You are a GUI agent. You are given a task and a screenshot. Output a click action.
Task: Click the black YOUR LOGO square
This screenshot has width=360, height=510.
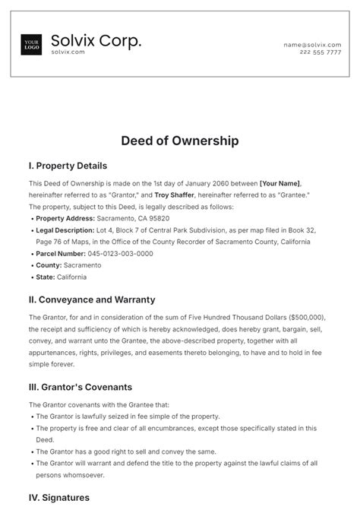click(32, 44)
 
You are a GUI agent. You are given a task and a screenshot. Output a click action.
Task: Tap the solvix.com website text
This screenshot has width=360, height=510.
click(68, 52)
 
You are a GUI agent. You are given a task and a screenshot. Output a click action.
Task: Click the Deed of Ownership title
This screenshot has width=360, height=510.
click(180, 141)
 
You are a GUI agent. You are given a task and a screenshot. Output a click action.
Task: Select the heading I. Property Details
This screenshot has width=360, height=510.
click(68, 166)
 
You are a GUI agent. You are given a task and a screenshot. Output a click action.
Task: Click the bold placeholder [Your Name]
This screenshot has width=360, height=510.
click(280, 183)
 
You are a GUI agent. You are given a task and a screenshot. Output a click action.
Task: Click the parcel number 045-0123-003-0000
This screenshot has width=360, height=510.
click(121, 254)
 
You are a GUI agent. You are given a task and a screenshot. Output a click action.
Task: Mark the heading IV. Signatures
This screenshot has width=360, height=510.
click(59, 498)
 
